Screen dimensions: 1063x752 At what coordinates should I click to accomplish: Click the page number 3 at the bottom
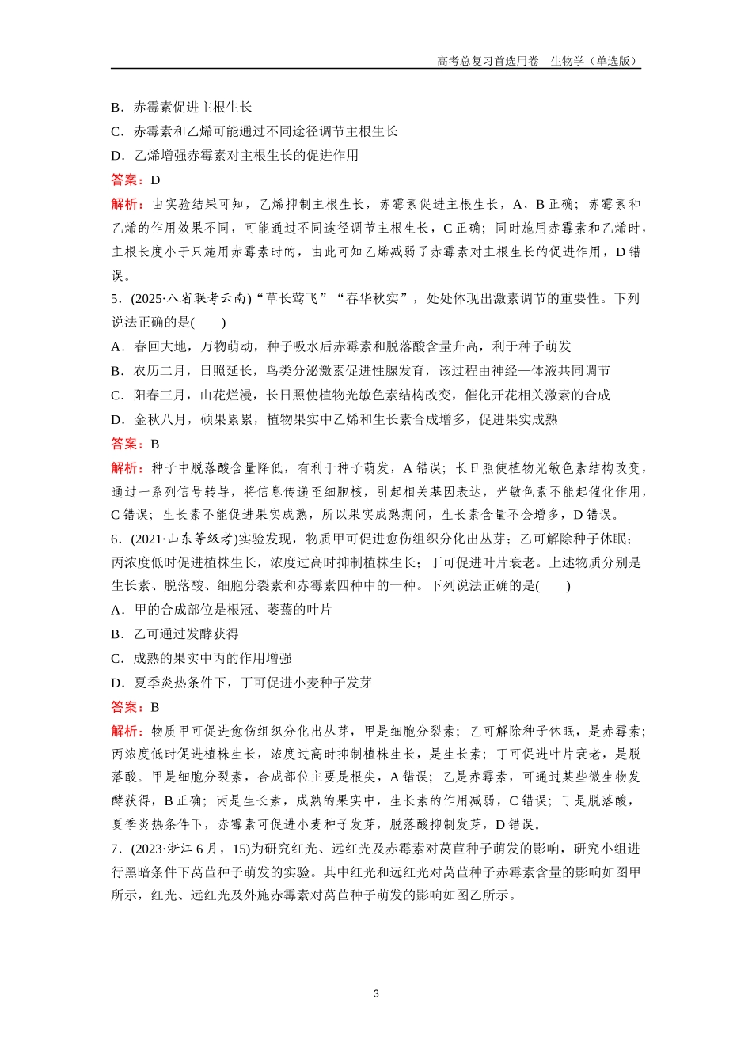(376, 993)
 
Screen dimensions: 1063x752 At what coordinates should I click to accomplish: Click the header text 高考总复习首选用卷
(488, 61)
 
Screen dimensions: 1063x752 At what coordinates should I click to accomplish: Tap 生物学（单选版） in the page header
(594, 61)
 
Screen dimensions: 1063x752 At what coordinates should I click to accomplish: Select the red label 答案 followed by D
(127, 180)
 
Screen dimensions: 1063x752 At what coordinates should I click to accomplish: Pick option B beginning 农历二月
(360, 371)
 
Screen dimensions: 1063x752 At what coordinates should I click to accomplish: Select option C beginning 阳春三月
(360, 395)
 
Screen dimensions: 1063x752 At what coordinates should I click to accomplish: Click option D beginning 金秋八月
(334, 419)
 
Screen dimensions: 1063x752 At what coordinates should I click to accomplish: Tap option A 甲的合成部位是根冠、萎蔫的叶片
(222, 610)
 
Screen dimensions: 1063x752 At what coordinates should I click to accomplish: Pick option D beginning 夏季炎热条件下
(241, 683)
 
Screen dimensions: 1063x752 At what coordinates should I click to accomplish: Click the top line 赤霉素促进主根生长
(181, 108)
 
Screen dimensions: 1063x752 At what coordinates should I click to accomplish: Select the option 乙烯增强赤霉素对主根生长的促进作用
(234, 155)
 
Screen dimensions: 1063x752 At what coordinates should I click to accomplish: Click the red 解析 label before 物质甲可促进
(127, 731)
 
